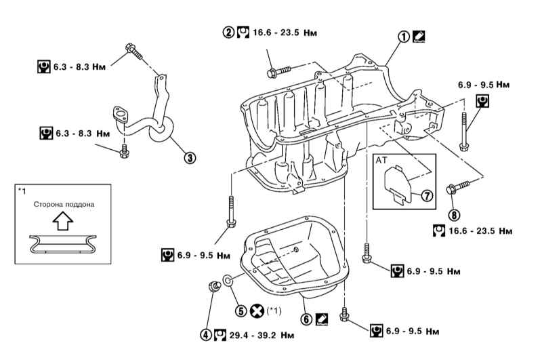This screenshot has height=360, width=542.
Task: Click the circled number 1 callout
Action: [x=404, y=38]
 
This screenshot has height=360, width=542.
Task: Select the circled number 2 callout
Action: [x=230, y=32]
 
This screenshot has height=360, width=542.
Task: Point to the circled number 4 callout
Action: [x=205, y=334]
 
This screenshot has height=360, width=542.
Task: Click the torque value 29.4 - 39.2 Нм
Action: [x=251, y=334]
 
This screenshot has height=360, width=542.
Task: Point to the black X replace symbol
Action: [x=257, y=311]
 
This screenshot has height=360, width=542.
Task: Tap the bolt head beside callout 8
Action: [x=453, y=188]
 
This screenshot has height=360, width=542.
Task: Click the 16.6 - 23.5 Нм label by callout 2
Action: [x=283, y=32]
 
